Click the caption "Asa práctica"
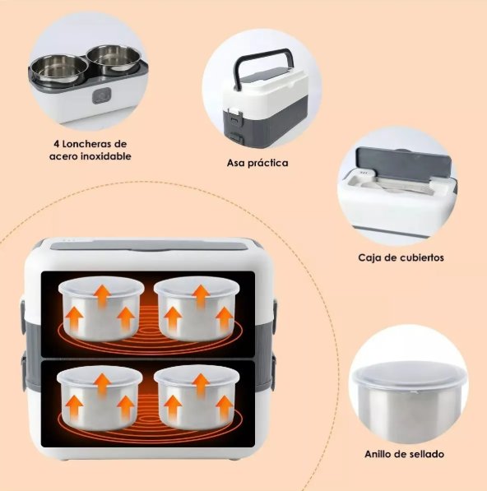click(x=257, y=163)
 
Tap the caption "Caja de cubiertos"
click(x=401, y=257)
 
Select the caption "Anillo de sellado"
click(x=404, y=454)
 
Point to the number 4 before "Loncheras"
click(x=57, y=144)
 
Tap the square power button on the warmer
click(x=102, y=95)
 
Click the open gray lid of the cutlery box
click(x=404, y=163)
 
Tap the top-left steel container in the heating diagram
click(x=101, y=308)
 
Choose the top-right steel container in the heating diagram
click(x=197, y=309)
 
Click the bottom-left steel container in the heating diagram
click(x=100, y=398)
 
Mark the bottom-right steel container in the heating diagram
click(x=197, y=398)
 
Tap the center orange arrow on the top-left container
click(x=103, y=296)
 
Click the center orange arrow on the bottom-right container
click(x=201, y=385)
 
